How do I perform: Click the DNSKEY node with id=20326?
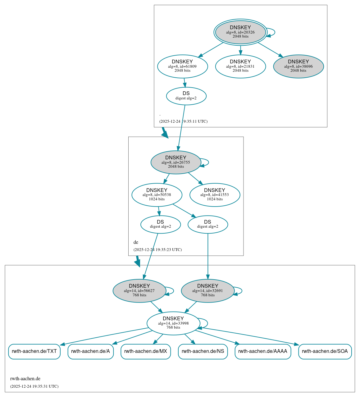click(x=240, y=32)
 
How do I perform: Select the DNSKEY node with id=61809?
click(x=182, y=66)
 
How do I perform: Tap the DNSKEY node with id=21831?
click(x=240, y=66)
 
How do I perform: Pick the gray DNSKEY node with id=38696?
click(x=298, y=66)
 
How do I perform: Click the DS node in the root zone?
click(x=186, y=96)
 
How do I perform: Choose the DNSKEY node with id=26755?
click(x=176, y=162)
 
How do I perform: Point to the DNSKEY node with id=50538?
click(x=157, y=195)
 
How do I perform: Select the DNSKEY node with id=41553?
click(x=215, y=195)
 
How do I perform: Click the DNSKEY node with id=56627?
click(x=139, y=291)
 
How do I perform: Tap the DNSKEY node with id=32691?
click(x=207, y=291)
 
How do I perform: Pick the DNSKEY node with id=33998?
click(x=173, y=323)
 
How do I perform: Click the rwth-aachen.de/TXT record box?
click(x=34, y=351)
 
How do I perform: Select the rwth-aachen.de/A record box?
click(x=90, y=351)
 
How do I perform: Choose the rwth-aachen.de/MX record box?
click(x=146, y=351)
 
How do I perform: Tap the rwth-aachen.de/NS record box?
click(x=203, y=351)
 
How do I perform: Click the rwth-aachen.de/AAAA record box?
click(x=263, y=351)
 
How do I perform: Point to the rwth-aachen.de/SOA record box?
click(x=325, y=351)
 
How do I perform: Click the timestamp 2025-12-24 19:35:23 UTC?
click(x=157, y=250)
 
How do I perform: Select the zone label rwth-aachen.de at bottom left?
click(x=25, y=379)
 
